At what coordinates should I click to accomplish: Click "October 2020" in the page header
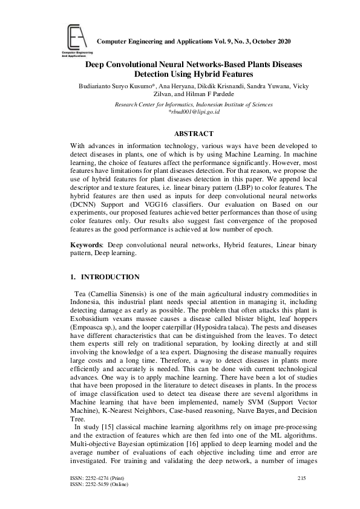coord(270,41)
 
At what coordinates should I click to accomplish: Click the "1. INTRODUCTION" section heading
coord(105,277)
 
